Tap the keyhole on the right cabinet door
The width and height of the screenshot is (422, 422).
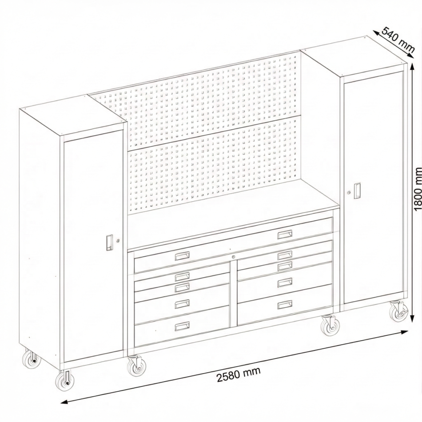(x=350, y=192)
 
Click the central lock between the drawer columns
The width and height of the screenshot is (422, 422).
(x=234, y=257)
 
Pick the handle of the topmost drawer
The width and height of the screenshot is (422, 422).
(x=285, y=234)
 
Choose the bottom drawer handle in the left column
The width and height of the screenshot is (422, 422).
(x=182, y=326)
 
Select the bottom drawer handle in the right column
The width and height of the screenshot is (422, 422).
(x=285, y=304)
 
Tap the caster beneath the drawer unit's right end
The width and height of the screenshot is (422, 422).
(x=329, y=325)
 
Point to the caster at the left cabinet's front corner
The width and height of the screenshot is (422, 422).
(x=64, y=381)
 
